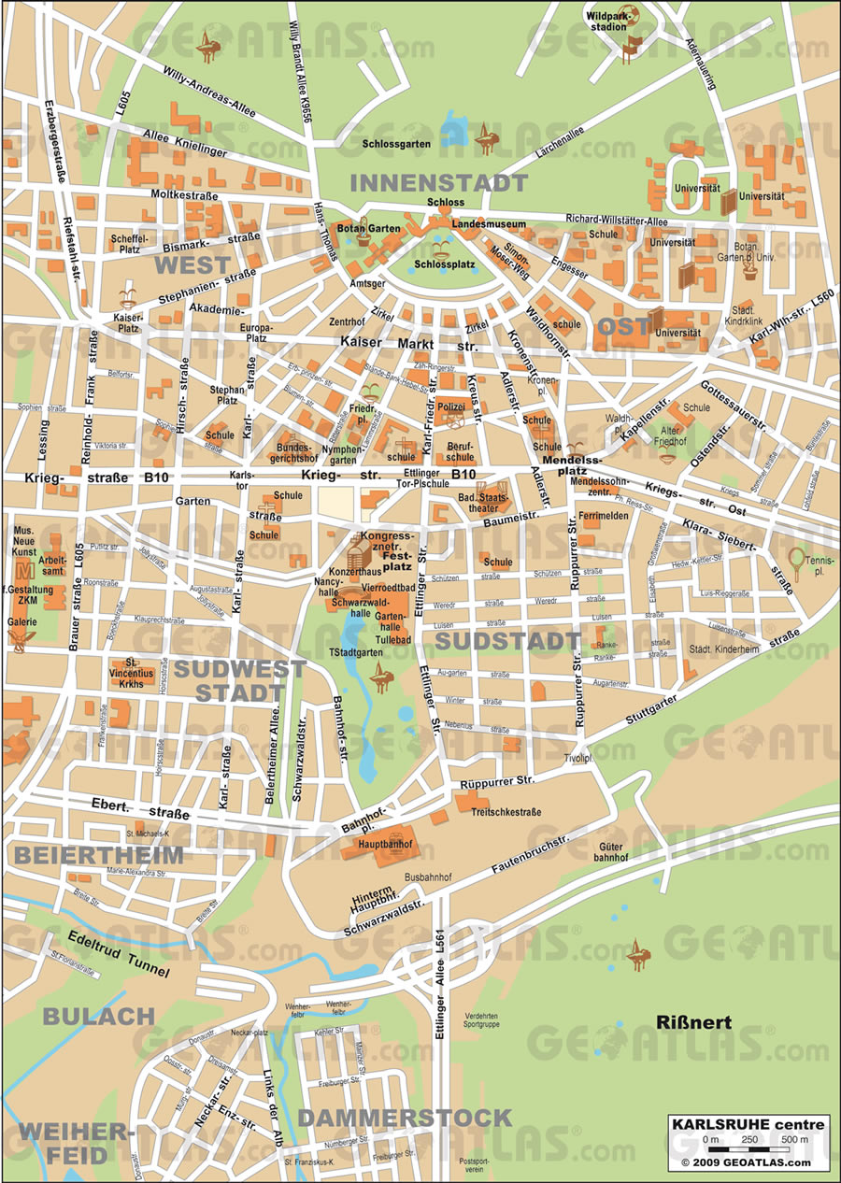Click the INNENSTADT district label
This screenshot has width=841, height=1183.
pos(438,183)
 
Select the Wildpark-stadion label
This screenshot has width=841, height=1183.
pos(607,21)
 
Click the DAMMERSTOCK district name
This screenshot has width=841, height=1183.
pos(405,1118)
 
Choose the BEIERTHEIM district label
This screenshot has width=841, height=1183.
pos(98,854)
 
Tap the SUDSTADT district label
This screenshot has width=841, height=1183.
pos(508,641)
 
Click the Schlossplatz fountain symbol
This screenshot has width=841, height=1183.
pos(442,247)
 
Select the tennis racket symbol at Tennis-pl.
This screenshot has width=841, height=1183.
pos(795,560)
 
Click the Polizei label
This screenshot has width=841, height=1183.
pos(451,408)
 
